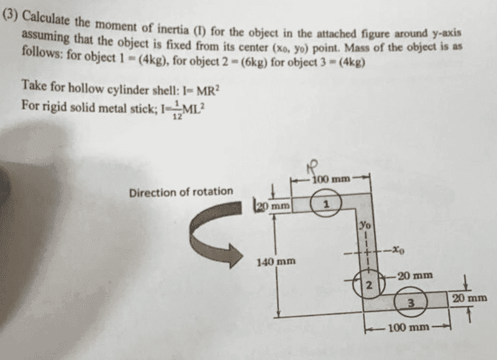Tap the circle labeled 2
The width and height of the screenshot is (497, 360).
[x=367, y=286]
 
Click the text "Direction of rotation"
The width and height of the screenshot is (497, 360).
[x=181, y=191]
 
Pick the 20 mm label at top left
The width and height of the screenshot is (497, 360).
[x=274, y=204]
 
